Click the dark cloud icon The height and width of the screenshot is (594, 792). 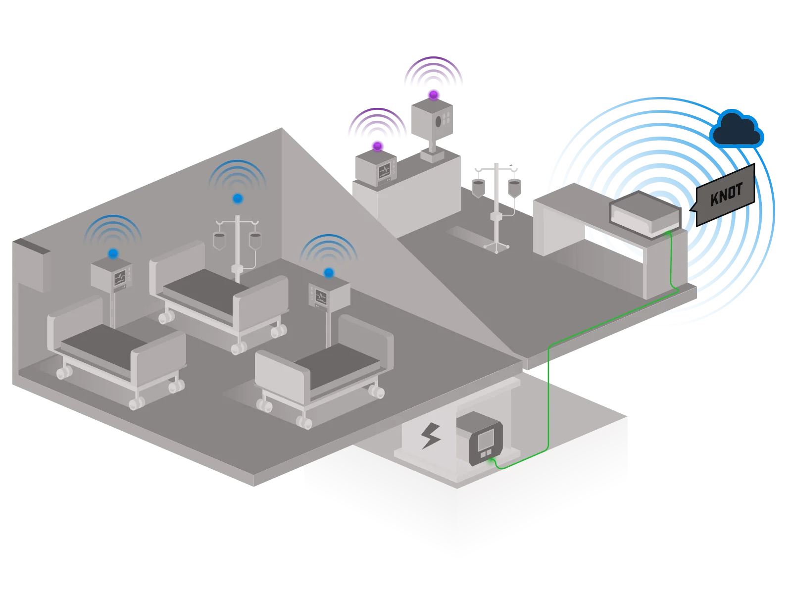pyautogui.click(x=736, y=129)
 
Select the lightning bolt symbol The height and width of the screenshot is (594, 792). pyautogui.click(x=431, y=435)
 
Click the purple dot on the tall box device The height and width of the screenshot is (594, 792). pyautogui.click(x=433, y=95)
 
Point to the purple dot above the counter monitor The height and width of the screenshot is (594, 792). pyautogui.click(x=377, y=146)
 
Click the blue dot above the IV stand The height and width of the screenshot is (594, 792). pyautogui.click(x=238, y=198)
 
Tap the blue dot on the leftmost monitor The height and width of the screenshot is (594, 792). pyautogui.click(x=113, y=253)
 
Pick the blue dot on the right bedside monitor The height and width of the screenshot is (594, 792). pyautogui.click(x=329, y=273)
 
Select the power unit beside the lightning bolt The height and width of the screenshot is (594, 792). pyautogui.click(x=480, y=438)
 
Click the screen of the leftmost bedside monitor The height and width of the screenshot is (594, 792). pyautogui.click(x=120, y=278)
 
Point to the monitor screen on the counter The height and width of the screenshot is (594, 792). pyautogui.click(x=384, y=171)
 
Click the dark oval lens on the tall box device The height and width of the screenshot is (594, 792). pyautogui.click(x=439, y=122)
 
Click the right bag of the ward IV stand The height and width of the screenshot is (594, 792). pyautogui.click(x=255, y=242)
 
